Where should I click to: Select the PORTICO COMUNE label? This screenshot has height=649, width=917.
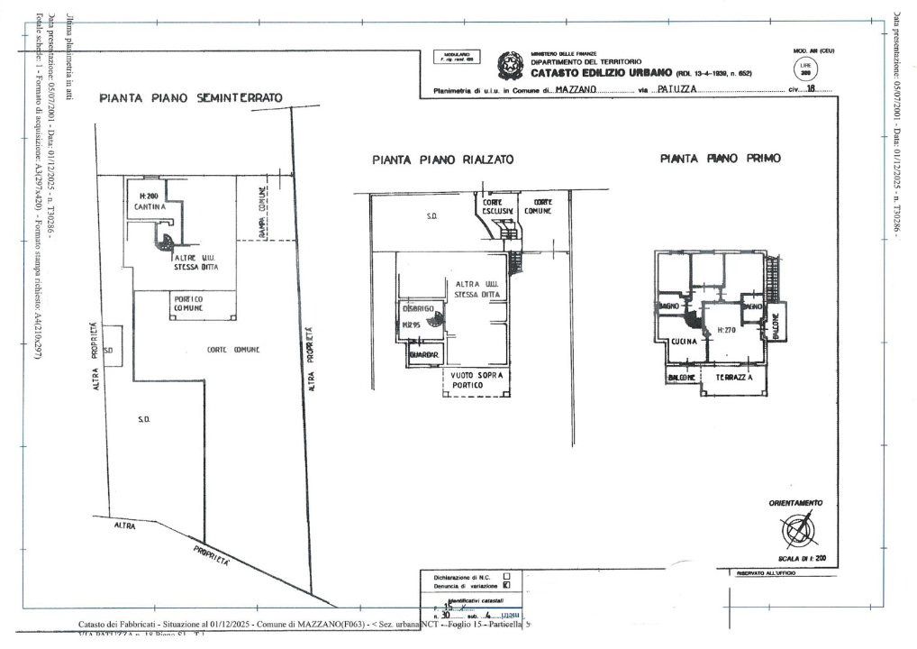click(x=188, y=304)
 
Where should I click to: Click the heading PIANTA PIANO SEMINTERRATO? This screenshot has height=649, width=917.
click(x=191, y=97)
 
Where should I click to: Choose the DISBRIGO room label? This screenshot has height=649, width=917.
click(x=418, y=309)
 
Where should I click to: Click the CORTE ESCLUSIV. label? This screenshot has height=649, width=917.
click(x=498, y=206)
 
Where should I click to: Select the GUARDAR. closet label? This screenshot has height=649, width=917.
click(x=423, y=356)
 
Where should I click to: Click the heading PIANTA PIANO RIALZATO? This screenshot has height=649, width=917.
click(x=442, y=160)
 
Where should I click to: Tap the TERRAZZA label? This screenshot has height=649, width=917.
click(x=734, y=379)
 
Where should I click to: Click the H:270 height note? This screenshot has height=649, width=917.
click(x=727, y=331)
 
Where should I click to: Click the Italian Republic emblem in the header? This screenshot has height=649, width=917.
click(x=511, y=65)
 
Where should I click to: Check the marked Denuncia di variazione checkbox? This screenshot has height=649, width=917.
click(x=506, y=584)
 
